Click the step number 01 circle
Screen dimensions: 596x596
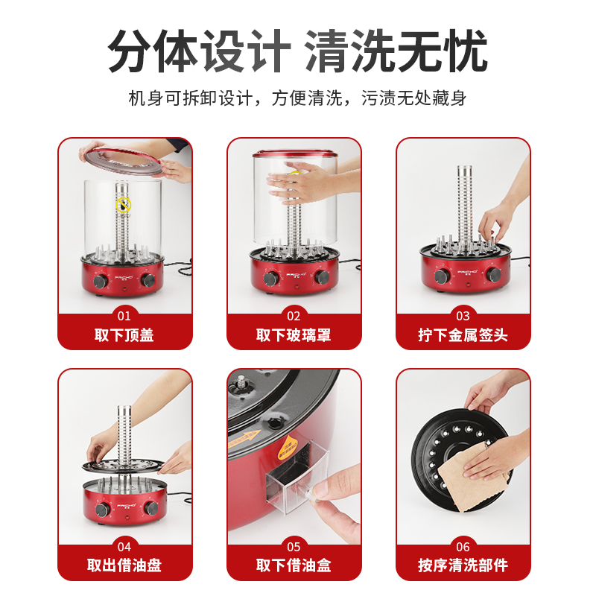[124, 315]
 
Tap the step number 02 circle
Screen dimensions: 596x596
[294, 315]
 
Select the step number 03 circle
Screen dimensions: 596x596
[463, 315]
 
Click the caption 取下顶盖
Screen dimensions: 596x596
[124, 335]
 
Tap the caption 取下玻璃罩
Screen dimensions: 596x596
[294, 335]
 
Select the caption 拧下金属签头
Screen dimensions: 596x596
[463, 335]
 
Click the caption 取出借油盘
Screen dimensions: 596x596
[124, 565]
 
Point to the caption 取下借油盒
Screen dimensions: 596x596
[294, 565]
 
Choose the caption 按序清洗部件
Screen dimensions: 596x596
[463, 565]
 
